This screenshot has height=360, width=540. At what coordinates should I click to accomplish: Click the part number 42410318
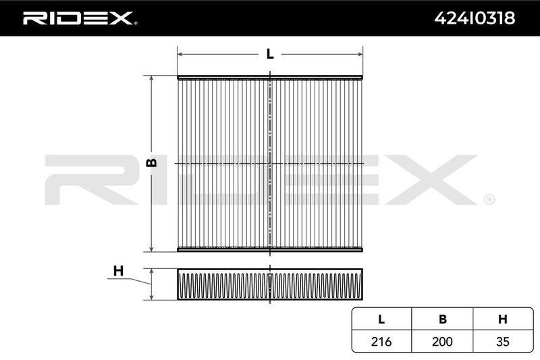475,18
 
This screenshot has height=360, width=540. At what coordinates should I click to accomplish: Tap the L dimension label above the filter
270,54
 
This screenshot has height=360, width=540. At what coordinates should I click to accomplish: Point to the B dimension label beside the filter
151,163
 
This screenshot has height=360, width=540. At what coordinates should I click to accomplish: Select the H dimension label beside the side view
118,271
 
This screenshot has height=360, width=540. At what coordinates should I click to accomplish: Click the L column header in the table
381,319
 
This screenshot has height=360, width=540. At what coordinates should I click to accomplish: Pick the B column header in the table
443,319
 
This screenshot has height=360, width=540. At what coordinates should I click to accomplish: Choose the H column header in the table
503,319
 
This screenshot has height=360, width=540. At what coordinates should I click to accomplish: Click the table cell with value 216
381,341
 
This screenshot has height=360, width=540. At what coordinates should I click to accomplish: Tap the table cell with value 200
442,341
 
